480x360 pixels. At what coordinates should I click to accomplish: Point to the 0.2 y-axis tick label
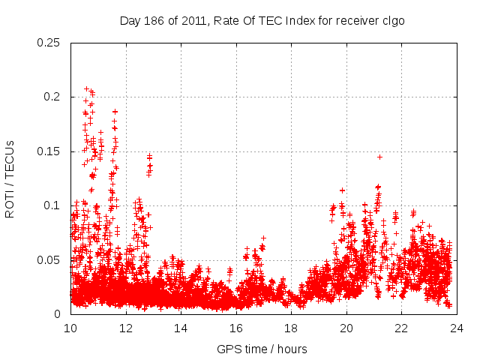(52, 97)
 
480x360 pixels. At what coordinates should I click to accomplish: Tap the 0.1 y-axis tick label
(52, 205)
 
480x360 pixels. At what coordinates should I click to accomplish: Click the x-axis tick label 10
(70, 328)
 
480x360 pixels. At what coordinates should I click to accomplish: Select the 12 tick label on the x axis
(126, 328)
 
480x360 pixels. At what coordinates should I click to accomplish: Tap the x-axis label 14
(181, 328)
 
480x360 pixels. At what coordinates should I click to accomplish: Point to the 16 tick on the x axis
(236, 328)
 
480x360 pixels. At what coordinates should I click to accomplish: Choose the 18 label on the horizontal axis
(291, 328)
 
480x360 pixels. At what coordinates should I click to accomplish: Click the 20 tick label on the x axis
(346, 328)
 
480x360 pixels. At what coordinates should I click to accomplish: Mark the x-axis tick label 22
(401, 328)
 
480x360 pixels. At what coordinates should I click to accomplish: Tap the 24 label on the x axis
(457, 328)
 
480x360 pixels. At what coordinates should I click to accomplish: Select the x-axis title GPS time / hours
(262, 349)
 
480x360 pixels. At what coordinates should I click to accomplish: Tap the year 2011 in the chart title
(193, 21)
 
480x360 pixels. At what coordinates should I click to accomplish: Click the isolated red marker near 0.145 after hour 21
(380, 157)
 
